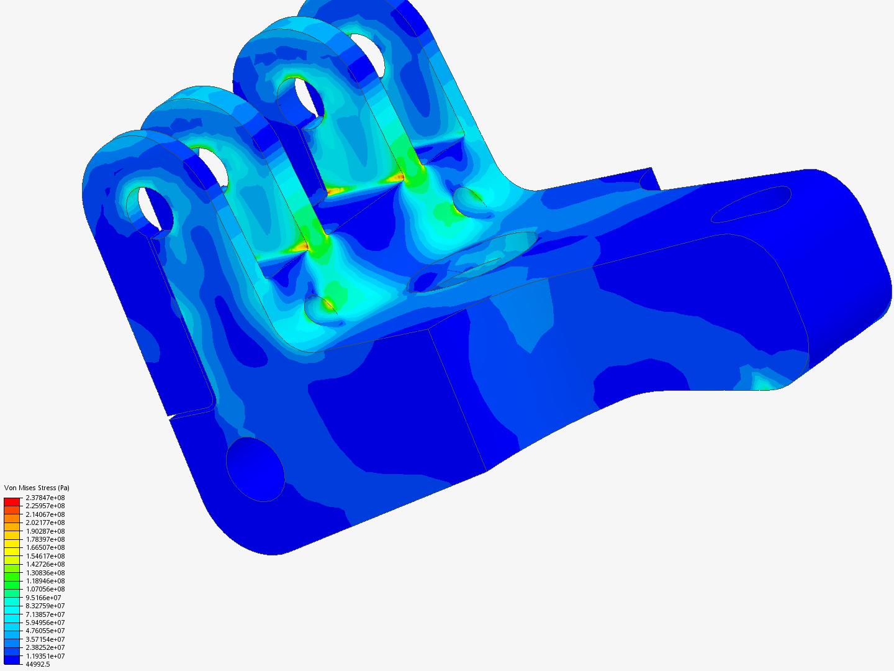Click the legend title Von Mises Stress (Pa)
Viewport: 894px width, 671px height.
point(37,488)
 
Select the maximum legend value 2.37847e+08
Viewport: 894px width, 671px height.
point(45,498)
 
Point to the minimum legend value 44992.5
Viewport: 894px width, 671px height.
point(37,664)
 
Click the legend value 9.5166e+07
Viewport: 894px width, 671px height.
point(43,598)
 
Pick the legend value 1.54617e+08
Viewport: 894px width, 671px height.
point(45,556)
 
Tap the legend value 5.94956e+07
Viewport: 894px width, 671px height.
point(45,623)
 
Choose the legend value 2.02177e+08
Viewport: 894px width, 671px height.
point(45,523)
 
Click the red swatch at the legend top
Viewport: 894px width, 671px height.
point(12,501)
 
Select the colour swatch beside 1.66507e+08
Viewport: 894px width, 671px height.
point(12,547)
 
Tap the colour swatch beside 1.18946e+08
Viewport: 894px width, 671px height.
point(12,581)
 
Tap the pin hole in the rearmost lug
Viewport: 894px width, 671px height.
point(370,53)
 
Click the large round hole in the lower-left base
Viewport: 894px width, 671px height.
point(255,469)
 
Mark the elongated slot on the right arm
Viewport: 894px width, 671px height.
point(751,204)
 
